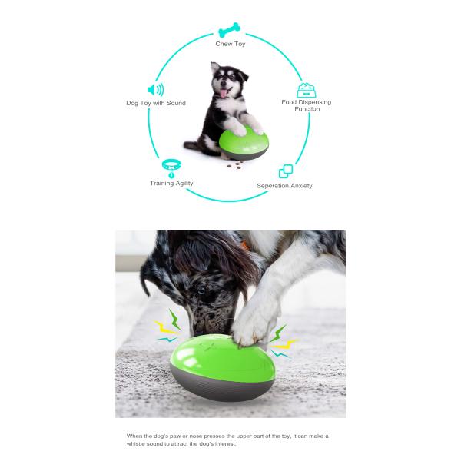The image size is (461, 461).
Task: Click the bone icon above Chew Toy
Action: pyautogui.click(x=229, y=32)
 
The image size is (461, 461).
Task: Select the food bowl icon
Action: pyautogui.click(x=307, y=90)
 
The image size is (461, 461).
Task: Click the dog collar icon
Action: pyautogui.click(x=171, y=167)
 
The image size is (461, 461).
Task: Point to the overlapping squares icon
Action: pyautogui.click(x=286, y=171)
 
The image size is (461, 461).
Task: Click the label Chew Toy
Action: pyautogui.click(x=229, y=44)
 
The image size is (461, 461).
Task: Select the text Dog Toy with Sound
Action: pyautogui.click(x=156, y=103)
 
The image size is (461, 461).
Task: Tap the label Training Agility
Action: pyautogui.click(x=171, y=184)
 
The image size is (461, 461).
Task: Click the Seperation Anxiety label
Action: pyautogui.click(x=284, y=185)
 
